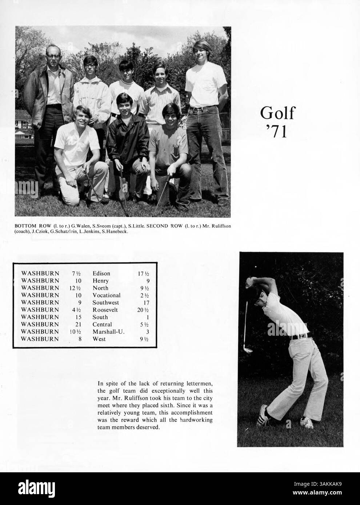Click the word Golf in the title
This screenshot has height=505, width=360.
[277, 113]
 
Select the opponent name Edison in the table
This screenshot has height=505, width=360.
[101, 273]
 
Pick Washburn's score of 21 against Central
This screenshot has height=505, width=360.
[77, 324]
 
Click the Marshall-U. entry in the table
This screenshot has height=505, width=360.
[108, 332]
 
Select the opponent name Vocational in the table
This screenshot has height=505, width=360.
[106, 295]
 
